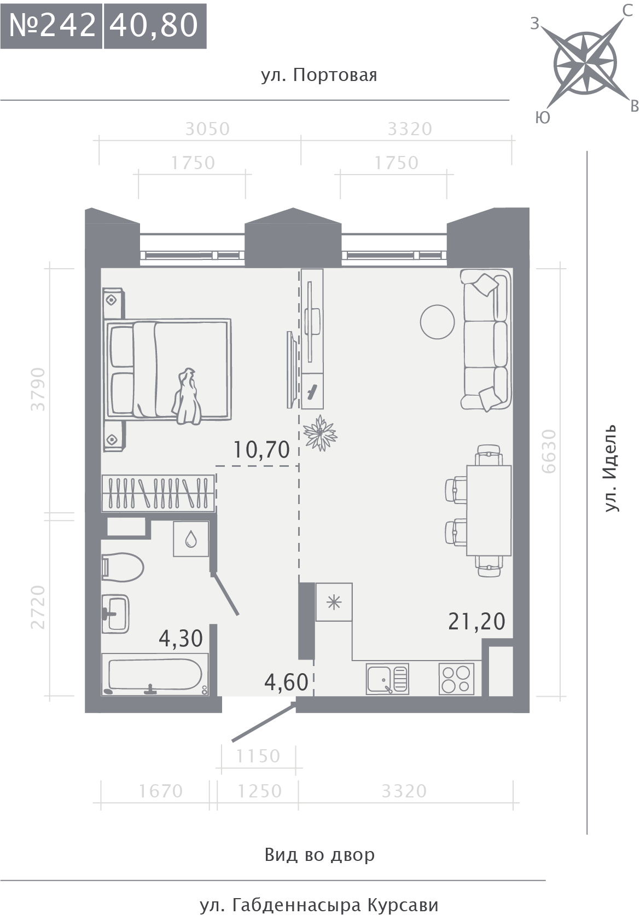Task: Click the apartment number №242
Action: point(52,26)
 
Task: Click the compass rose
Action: point(585,63)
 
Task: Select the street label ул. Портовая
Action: point(319,76)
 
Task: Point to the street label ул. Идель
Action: point(611,468)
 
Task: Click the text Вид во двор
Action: point(320,855)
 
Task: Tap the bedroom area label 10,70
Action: point(261,450)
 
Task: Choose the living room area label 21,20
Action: point(476,621)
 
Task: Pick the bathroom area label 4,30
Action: point(181,639)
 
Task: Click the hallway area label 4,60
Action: point(286,682)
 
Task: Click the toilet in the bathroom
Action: point(123,568)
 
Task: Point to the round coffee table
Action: point(437,322)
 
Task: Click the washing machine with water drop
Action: point(191,539)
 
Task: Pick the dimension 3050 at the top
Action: point(207,129)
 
